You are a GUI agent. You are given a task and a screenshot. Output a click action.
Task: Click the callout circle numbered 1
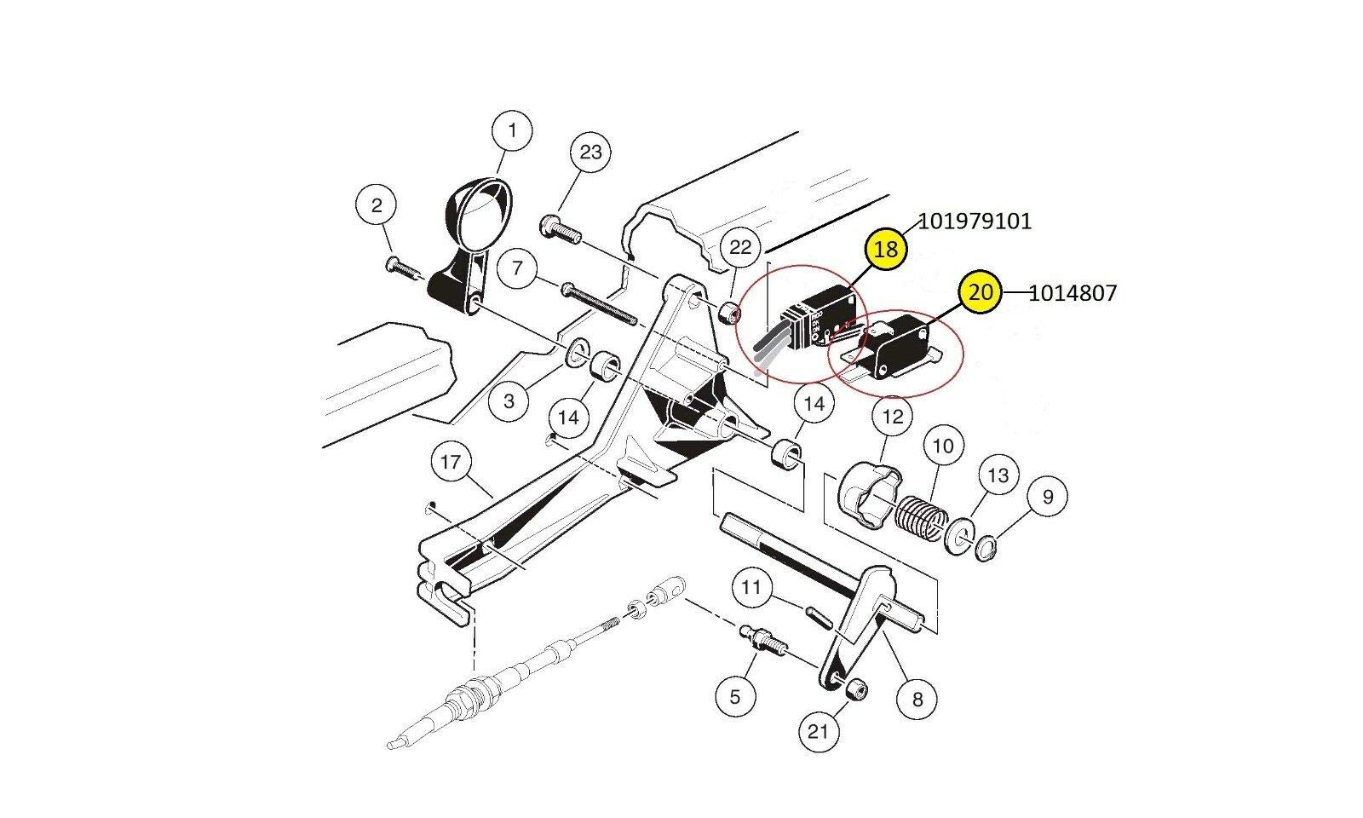pos(512,131)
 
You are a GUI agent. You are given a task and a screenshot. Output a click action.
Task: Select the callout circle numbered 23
pos(590,153)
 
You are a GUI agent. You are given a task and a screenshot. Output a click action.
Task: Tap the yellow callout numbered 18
pos(887,250)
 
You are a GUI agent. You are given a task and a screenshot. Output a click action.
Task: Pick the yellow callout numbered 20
pos(981,292)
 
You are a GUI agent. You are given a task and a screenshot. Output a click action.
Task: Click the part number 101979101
pos(975,222)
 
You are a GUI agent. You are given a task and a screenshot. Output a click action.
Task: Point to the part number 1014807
pos(1073,293)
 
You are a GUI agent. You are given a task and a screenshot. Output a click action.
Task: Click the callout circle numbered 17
pos(451,463)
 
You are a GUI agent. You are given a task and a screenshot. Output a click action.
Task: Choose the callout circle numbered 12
pos(892,418)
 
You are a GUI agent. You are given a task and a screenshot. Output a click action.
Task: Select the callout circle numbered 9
pos(1048,496)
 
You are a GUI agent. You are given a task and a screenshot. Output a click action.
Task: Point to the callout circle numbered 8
pos(917,700)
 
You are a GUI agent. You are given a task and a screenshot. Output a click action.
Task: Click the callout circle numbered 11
pos(751,588)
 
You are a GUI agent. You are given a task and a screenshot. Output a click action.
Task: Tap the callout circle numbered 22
pos(741,248)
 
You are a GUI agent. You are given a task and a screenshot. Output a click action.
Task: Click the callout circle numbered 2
pos(377,204)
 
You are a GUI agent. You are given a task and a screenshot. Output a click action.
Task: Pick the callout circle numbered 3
pos(509,400)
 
